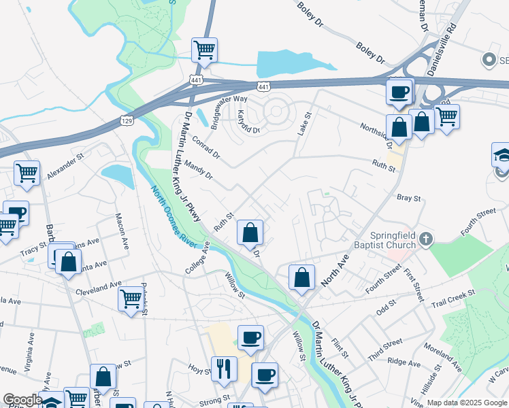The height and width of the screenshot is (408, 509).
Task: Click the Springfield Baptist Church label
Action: pyautogui.click(x=384, y=239)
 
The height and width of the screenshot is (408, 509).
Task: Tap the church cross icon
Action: pyautogui.click(x=426, y=239)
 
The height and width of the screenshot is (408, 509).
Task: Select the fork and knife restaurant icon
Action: pyautogui.click(x=224, y=369)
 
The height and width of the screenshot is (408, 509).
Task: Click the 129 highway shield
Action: pyautogui.click(x=126, y=120)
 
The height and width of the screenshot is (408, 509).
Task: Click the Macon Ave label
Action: pyautogui.click(x=122, y=231)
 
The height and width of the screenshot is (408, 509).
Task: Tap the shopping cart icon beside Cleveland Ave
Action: pyautogui.click(x=130, y=299)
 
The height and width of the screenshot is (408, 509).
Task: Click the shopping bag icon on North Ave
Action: pyautogui.click(x=301, y=277)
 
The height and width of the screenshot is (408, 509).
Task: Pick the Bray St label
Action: pyautogui.click(x=408, y=198)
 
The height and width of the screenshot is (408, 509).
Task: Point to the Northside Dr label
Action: pyautogui.click(x=375, y=133)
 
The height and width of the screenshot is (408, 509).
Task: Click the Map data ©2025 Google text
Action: pyautogui.click(x=467, y=403)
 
